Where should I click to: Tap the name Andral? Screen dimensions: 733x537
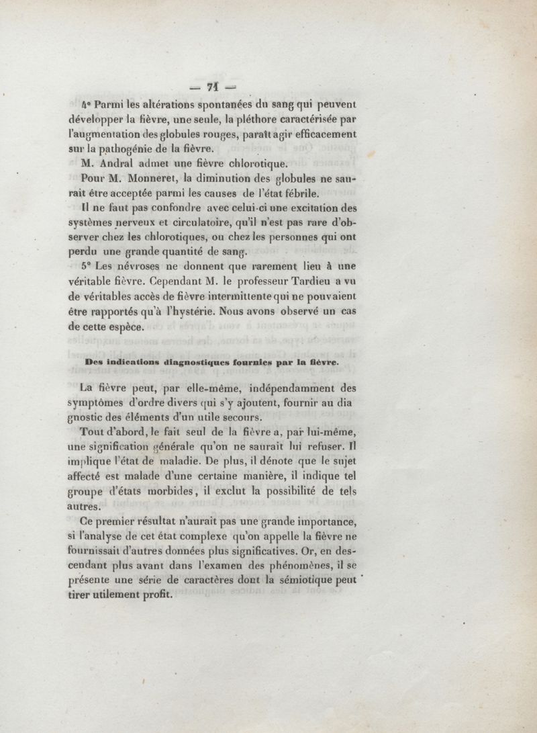pyautogui.click(x=122, y=163)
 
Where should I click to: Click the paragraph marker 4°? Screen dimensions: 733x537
pyautogui.click(x=85, y=103)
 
